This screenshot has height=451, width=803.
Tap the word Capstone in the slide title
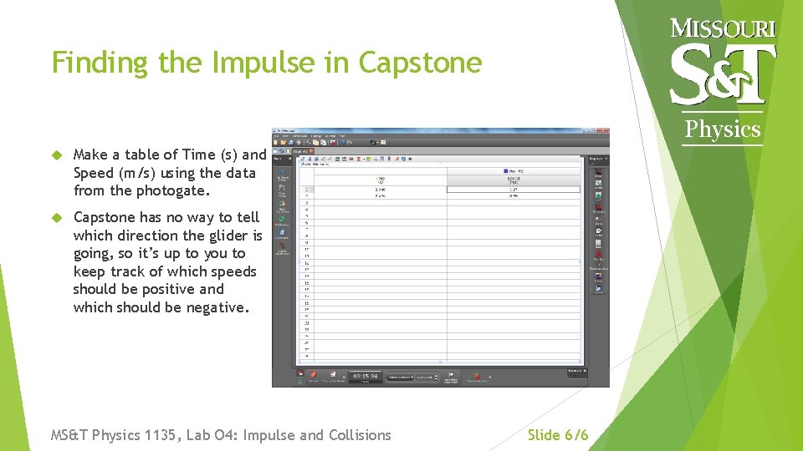(x=420, y=63)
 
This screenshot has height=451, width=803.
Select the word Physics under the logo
(x=723, y=129)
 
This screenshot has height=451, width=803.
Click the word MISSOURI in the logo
(x=724, y=28)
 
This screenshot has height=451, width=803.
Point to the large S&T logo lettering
(x=724, y=73)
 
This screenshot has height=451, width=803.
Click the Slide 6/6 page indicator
(x=558, y=434)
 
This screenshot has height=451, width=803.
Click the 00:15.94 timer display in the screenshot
(x=366, y=377)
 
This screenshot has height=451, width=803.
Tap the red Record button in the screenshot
(x=313, y=376)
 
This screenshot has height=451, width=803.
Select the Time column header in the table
(x=380, y=180)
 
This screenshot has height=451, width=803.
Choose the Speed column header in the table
(x=514, y=180)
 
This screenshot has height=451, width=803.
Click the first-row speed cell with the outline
(x=514, y=190)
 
